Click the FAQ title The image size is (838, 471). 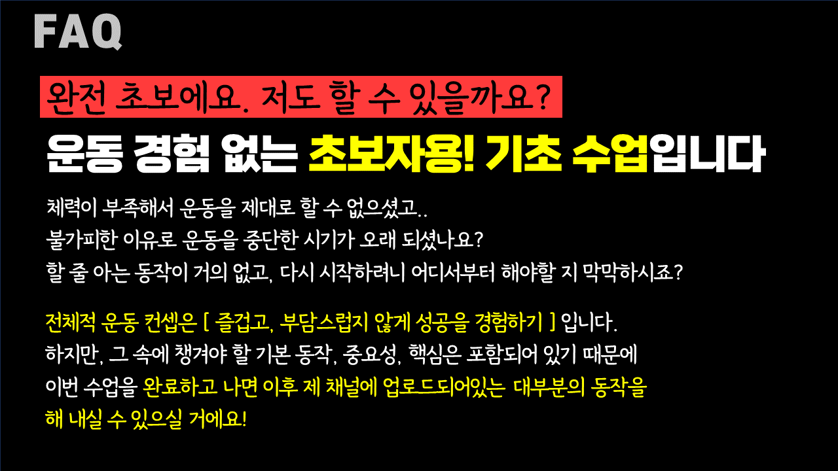(x=78, y=31)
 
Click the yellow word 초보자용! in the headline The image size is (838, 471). (x=392, y=154)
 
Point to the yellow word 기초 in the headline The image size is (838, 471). (x=524, y=154)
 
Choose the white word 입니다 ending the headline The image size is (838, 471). (x=706, y=154)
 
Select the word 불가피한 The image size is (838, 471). (x=81, y=240)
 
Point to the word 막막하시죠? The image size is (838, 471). (x=633, y=272)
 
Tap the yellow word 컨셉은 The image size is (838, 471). (x=170, y=323)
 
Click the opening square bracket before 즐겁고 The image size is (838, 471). (x=206, y=323)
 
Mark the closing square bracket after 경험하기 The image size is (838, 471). (x=553, y=323)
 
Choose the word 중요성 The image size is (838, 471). (x=371, y=355)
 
